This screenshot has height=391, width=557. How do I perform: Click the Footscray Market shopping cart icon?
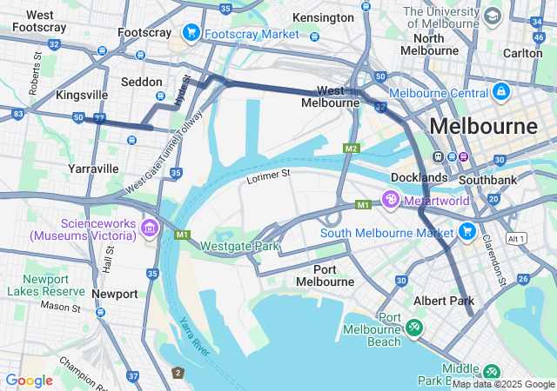coord(191,33)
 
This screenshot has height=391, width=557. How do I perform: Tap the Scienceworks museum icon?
coord(149,229)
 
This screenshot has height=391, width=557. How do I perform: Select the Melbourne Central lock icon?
coord(500,91)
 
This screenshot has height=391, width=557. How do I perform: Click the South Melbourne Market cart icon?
coord(466,232)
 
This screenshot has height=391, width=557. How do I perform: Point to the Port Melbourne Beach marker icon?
coord(414,328)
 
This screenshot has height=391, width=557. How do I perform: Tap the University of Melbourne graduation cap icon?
coord(493,17)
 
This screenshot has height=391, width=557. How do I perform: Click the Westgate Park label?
coord(239,246)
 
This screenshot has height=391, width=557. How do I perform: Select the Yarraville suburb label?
coord(93,169)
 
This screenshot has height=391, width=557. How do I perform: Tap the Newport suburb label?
coord(115,294)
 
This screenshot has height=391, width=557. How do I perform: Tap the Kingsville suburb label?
coord(82,94)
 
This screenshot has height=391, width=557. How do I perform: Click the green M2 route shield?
coord(352,149)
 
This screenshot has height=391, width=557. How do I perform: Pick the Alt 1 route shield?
coord(517,238)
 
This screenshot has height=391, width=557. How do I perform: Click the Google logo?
coord(29,380)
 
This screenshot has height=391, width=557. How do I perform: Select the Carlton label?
coord(522,53)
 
